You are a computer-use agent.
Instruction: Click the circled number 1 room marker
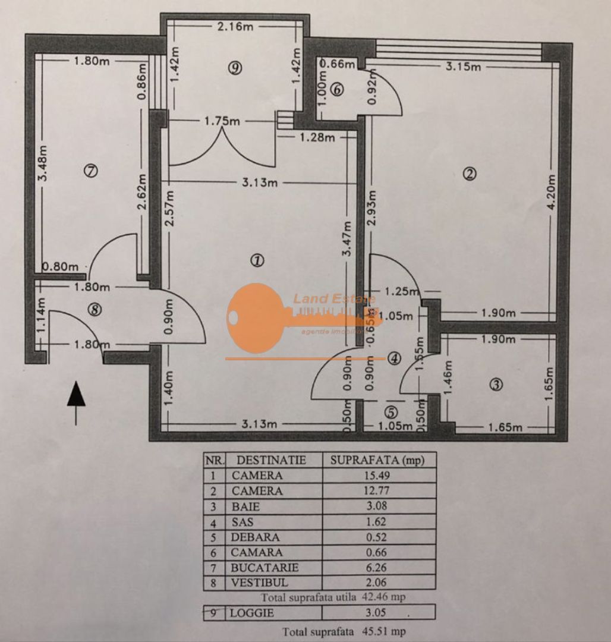tap(257, 260)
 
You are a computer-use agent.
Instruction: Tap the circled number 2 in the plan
tap(470, 174)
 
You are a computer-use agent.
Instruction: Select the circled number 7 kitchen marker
tap(90, 171)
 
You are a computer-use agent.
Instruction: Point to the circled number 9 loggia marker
tap(235, 68)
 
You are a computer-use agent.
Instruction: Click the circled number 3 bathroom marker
tap(495, 385)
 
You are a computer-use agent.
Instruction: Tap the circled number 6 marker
tap(337, 90)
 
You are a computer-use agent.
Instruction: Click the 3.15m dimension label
tap(463, 67)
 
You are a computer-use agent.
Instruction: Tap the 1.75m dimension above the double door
tap(222, 121)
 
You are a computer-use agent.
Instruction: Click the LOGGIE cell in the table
tap(253, 613)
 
